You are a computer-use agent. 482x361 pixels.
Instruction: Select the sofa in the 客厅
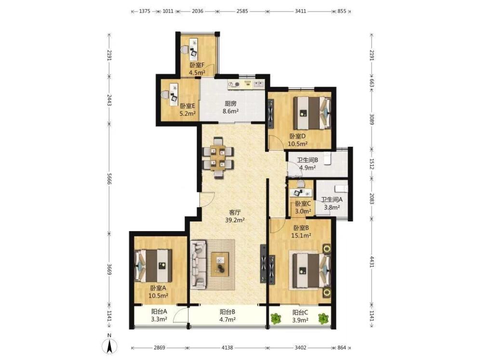198,265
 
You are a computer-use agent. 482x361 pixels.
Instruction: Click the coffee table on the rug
220,264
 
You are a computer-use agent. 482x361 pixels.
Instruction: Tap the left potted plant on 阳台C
276,318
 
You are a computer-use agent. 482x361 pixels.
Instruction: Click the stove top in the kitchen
234,84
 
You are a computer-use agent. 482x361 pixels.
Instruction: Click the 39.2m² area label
235,220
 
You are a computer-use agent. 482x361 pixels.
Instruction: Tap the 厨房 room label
230,103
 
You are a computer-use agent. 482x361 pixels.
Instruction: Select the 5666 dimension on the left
109,178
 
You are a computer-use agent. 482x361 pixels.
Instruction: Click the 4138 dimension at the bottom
227,348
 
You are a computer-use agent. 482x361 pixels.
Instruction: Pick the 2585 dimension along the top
242,12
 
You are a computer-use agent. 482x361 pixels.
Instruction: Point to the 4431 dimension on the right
372,261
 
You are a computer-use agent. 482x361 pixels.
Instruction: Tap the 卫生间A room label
332,199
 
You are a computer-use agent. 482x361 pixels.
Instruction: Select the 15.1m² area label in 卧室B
301,235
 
